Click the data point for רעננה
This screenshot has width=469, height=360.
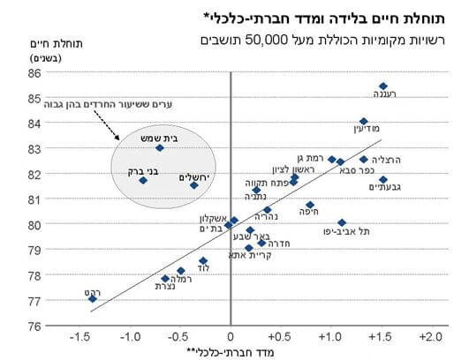pyautogui.click(x=383, y=86)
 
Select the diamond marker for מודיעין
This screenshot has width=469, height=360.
pyautogui.click(x=364, y=122)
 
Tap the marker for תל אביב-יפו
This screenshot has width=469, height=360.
pyautogui.click(x=342, y=223)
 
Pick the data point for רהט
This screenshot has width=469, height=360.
pyautogui.click(x=93, y=298)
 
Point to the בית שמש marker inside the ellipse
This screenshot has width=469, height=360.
pyautogui.click(x=159, y=147)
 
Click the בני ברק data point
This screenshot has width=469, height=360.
pyautogui.click(x=143, y=180)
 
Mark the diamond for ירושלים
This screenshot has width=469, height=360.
pyautogui.click(x=194, y=185)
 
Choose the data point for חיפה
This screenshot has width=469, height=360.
pyautogui.click(x=310, y=205)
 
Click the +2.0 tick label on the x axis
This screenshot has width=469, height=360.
pyautogui.click(x=430, y=336)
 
